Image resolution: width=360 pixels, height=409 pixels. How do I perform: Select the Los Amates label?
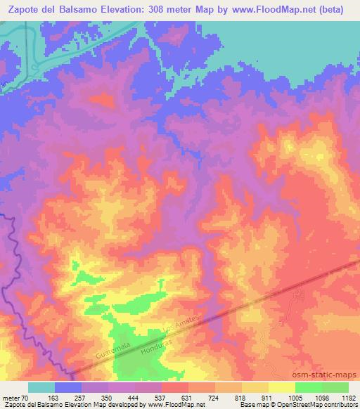pos(181,324)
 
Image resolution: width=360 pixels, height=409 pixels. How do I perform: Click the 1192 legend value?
pos(347,398)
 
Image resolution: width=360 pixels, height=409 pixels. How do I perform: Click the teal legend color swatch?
pos(41,387)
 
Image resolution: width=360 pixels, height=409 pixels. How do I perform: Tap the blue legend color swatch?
pos(68,387)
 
